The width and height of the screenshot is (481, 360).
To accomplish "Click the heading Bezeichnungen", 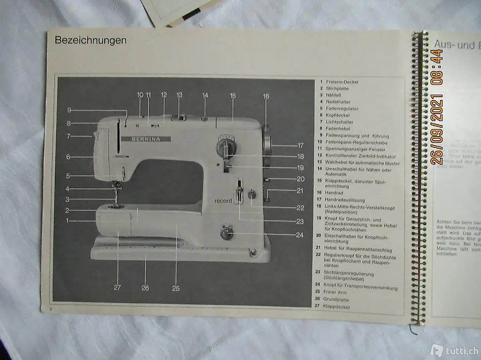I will coord(91,40).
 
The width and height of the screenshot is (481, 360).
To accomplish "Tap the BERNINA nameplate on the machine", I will coord(146,139).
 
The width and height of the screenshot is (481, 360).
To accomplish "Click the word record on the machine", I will coord(223,201).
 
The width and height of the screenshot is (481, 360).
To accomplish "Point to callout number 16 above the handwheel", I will coord(266,96).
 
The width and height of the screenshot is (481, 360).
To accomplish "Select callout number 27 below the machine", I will coord(117,288).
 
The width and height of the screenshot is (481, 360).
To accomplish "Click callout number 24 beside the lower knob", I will coord(300,235).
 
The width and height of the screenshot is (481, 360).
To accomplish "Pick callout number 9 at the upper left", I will coord(69,110).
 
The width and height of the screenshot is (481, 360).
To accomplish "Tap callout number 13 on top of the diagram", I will coord(179,95).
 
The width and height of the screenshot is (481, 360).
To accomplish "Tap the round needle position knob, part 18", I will coord(226,146).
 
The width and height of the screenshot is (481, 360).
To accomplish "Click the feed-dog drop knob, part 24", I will coord(226,232).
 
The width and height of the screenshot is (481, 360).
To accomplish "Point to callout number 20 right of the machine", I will coord(300,179).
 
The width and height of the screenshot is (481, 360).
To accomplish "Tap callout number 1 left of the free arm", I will coord(67,220).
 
